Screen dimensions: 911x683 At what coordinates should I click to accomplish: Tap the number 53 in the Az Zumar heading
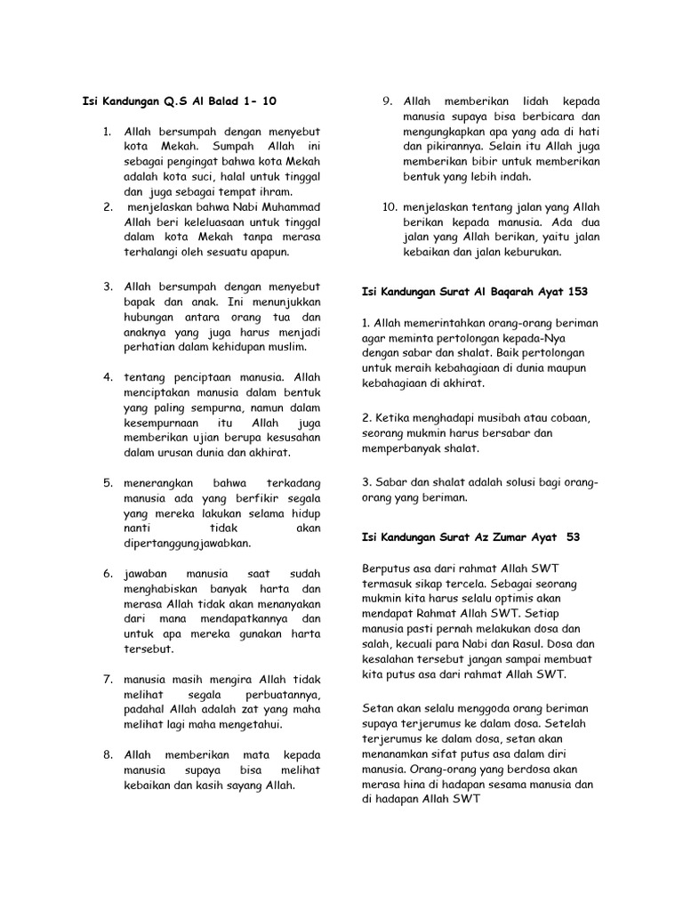point(573,536)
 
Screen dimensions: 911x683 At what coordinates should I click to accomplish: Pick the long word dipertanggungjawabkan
point(188,543)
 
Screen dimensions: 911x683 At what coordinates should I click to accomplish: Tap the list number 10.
point(389,207)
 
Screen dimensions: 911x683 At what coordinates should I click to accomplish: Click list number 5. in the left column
point(107,482)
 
